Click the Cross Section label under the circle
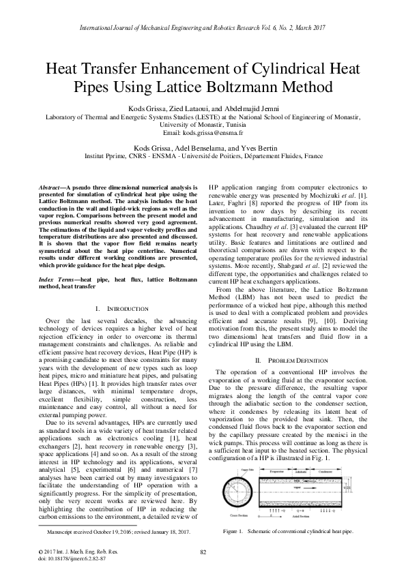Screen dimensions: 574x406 [x=240, y=515]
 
